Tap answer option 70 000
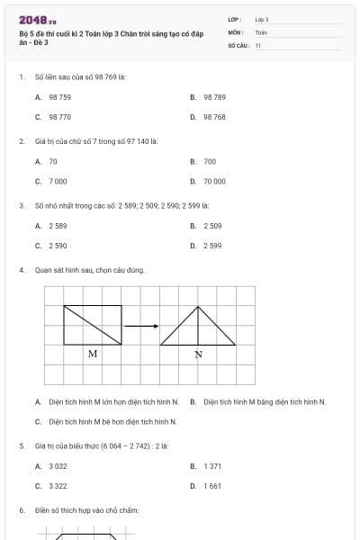click(214, 182)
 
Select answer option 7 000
click(58, 182)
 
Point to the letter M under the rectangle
click(93, 354)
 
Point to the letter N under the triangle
click(198, 354)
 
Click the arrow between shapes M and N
click(140, 326)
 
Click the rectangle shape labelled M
click(93, 325)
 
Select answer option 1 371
click(212, 466)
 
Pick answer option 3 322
click(58, 486)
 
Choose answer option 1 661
click(212, 486)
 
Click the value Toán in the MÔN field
click(261, 31)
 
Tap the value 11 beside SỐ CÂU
click(258, 44)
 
